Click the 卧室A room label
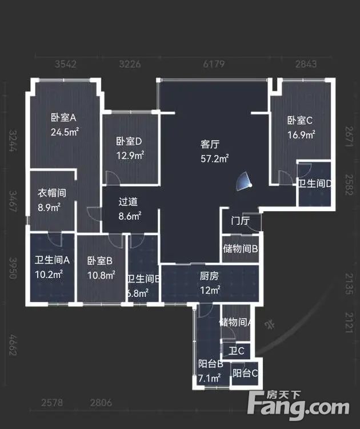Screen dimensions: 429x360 [x=63, y=118]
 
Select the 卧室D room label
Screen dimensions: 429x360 [x=129, y=141]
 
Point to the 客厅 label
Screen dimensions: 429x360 [x=210, y=144]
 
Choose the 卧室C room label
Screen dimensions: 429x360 [x=299, y=121]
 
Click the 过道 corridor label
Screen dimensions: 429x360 [x=129, y=202]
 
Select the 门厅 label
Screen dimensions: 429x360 [x=239, y=221]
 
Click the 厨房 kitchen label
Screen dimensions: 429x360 [x=209, y=276]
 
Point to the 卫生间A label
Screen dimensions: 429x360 [x=51, y=260]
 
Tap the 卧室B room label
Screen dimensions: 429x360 [x=100, y=261]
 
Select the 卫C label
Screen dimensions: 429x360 [x=237, y=351]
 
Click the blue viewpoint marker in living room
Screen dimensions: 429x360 [x=245, y=182]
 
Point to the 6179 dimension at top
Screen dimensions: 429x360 [x=214, y=64]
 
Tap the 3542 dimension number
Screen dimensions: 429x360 [x=66, y=64]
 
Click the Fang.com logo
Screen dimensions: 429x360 [x=299, y=406]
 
